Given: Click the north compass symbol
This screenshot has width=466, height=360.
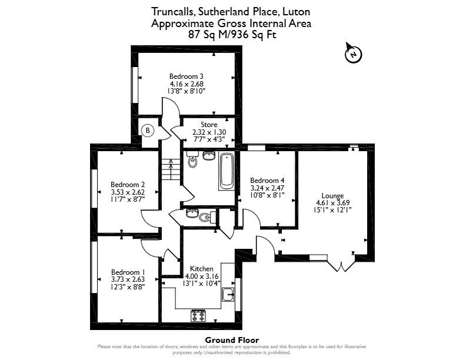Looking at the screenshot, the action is click(x=353, y=54).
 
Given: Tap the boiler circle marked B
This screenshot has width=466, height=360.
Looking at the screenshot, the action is click(x=148, y=131).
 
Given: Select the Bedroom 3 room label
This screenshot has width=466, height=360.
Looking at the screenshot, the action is click(x=187, y=76).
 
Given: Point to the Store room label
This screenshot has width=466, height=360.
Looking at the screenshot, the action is click(x=209, y=125).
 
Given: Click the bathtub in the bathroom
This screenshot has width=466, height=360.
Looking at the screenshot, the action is click(x=227, y=171).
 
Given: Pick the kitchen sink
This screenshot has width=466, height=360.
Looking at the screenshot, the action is click(x=228, y=295).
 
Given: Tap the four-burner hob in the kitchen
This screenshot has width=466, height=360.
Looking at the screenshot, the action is click(x=198, y=315).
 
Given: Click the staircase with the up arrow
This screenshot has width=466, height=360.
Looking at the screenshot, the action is click(x=171, y=169).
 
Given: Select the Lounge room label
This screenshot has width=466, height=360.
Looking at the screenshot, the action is click(x=332, y=196).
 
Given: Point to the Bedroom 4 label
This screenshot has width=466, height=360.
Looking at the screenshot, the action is click(x=267, y=181).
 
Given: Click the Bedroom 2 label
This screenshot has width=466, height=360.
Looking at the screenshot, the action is click(x=128, y=185).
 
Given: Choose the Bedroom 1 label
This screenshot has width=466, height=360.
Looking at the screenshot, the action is click(x=128, y=272).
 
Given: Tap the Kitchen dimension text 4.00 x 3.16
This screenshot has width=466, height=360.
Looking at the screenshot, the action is click(x=201, y=276).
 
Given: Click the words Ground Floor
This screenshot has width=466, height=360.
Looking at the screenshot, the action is click(x=232, y=340).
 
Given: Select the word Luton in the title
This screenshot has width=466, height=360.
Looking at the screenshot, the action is click(x=296, y=12).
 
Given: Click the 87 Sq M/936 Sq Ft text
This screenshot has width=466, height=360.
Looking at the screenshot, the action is click(x=232, y=35).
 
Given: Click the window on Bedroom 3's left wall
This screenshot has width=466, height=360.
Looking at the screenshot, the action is click(x=135, y=85).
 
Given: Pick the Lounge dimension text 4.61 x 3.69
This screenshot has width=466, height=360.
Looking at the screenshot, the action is click(x=332, y=203).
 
